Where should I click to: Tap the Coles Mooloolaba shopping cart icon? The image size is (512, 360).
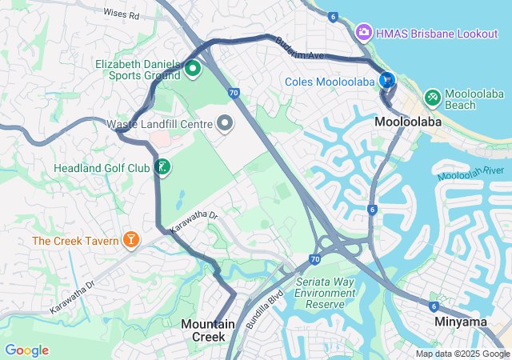point(387,80)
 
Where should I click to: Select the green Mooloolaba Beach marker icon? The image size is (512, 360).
point(432,97)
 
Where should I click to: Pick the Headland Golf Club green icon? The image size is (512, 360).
point(162,167)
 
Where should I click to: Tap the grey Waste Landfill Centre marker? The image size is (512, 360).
point(225,124)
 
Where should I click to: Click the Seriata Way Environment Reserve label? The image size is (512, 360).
point(325,293)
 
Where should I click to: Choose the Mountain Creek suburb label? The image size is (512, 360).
point(207,330)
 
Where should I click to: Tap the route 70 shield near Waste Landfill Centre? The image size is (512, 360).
point(233,93)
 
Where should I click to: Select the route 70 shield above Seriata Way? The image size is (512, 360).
point(314,260)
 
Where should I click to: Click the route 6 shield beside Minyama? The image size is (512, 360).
point(433,306)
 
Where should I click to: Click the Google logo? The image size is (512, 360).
point(26,350)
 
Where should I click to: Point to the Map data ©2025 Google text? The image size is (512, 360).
point(462,354)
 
